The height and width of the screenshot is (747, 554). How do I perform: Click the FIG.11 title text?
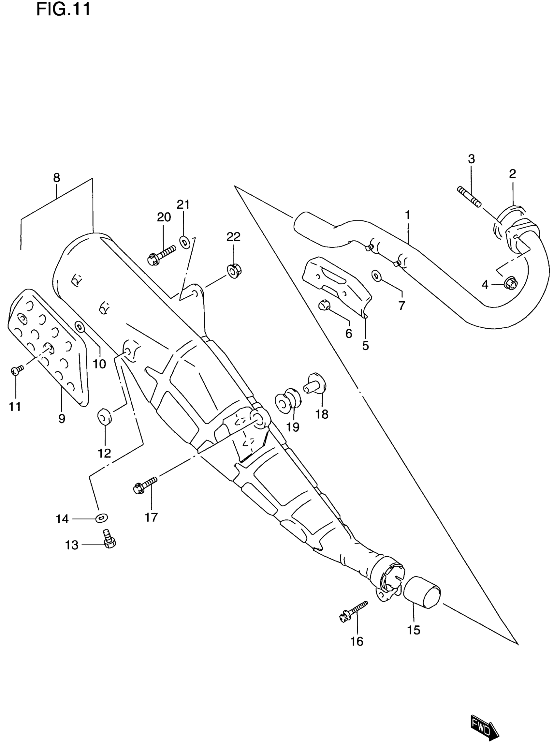63,9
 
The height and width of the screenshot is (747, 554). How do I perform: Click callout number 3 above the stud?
472,159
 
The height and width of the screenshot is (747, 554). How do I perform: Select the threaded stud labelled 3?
469,197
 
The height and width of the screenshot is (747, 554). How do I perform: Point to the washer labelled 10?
80,326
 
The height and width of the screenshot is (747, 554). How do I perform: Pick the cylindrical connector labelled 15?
422,593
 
